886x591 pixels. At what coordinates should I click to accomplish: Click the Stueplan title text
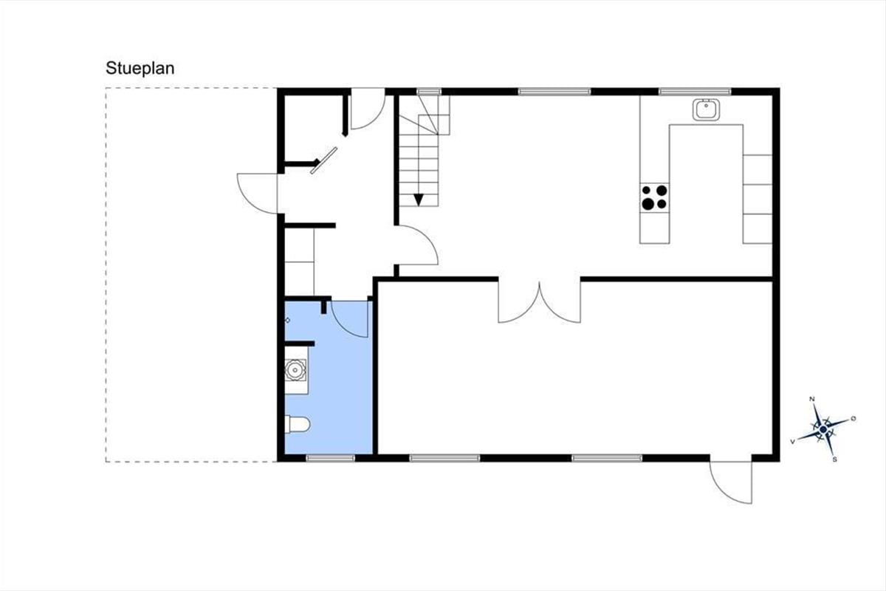pyautogui.click(x=140, y=69)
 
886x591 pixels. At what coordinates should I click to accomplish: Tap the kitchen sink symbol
pyautogui.click(x=706, y=109)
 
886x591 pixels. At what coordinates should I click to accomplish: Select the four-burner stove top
pyautogui.click(x=654, y=197)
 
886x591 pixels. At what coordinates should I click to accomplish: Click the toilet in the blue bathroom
pyautogui.click(x=298, y=425)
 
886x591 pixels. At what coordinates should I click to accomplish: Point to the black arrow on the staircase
pyautogui.click(x=419, y=200)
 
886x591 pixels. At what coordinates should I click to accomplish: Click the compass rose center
pyautogui.click(x=823, y=429)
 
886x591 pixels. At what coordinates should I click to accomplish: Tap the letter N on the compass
pyautogui.click(x=812, y=399)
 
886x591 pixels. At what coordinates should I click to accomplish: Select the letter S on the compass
pyautogui.click(x=835, y=460)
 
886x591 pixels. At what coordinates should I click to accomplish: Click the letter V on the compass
pyautogui.click(x=793, y=441)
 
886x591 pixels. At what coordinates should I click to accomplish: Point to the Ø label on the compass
pyautogui.click(x=854, y=418)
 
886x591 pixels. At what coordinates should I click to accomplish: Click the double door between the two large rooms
pyautogui.click(x=540, y=301)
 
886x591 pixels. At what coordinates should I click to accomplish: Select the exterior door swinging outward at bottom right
pyautogui.click(x=731, y=482)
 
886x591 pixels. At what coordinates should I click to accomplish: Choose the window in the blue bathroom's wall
pyautogui.click(x=331, y=458)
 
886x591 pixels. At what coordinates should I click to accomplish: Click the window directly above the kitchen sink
pyautogui.click(x=695, y=92)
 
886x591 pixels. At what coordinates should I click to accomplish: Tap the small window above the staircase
pyautogui.click(x=429, y=92)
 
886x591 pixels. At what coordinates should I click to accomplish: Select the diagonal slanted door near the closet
pyautogui.click(x=323, y=160)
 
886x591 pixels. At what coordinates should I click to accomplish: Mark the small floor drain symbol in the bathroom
pyautogui.click(x=287, y=320)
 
